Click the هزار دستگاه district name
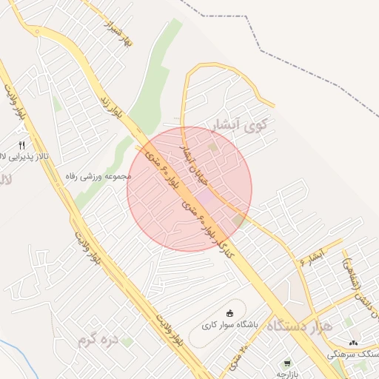[x=299, y=326]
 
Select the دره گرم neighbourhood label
[x=98, y=340]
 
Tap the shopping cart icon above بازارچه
[x=286, y=363]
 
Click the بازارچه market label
[x=286, y=374]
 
